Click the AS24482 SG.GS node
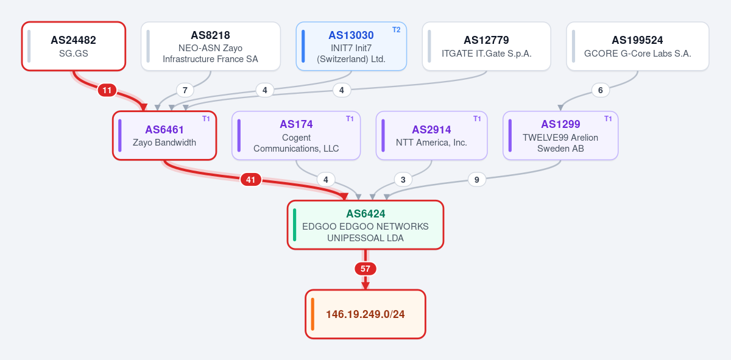pyautogui.click(x=74, y=46)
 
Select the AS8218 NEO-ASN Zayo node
pyautogui.click(x=211, y=46)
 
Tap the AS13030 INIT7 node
pyautogui.click(x=351, y=46)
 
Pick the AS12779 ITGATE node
pyautogui.click(x=487, y=46)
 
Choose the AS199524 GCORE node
pyautogui.click(x=638, y=46)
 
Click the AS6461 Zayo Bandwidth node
pyautogui.click(x=164, y=135)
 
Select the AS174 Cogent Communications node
pyautogui.click(x=296, y=135)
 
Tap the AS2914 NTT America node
pyautogui.click(x=432, y=135)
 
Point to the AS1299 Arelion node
pyautogui.click(x=560, y=135)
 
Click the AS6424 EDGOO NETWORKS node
pyautogui.click(x=365, y=225)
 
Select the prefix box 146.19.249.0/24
pyautogui.click(x=365, y=314)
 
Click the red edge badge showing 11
pyautogui.click(x=107, y=90)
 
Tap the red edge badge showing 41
pyautogui.click(x=250, y=180)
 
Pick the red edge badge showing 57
pyautogui.click(x=365, y=269)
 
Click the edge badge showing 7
pyautogui.click(x=185, y=90)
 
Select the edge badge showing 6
pyautogui.click(x=601, y=90)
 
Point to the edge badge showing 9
pyautogui.click(x=477, y=180)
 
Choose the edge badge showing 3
pyautogui.click(x=403, y=180)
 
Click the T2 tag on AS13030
pyautogui.click(x=396, y=30)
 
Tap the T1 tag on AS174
pyautogui.click(x=350, y=119)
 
